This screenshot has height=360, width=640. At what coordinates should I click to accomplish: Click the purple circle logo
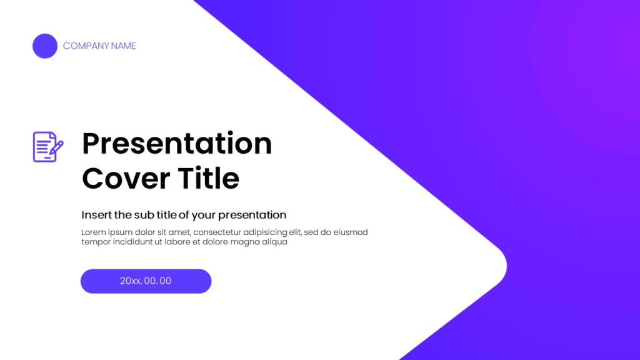click(x=45, y=46)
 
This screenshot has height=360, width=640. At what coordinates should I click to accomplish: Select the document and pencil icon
click(x=48, y=147)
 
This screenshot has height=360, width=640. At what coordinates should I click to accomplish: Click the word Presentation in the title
click(x=177, y=144)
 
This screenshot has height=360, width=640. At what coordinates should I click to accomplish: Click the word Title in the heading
click(x=208, y=178)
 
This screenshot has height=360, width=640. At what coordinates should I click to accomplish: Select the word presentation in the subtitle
click(x=252, y=215)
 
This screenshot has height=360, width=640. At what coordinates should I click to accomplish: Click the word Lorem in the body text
click(x=94, y=232)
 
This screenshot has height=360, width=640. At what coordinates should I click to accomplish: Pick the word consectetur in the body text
click(x=217, y=232)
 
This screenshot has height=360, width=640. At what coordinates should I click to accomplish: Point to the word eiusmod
click(x=351, y=232)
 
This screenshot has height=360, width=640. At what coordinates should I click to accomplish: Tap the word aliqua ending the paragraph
click(x=275, y=242)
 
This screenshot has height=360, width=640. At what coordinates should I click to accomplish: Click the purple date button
click(x=146, y=281)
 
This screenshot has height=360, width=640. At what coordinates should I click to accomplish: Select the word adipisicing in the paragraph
click(x=265, y=232)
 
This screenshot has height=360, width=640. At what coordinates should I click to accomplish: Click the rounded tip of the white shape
click(x=506, y=266)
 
